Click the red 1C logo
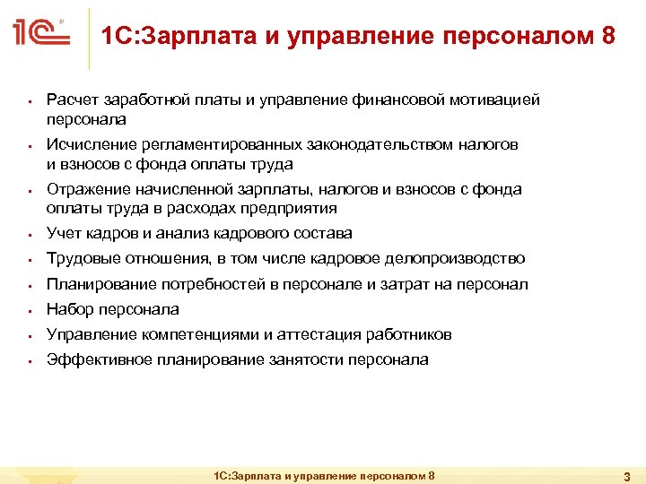coord(39,34)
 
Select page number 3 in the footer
coord(627,475)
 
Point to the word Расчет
coord(69,100)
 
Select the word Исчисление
coord(90,144)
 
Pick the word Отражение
coord(87,189)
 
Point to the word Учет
coord(63,233)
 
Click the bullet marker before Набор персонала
coord(31,311)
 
